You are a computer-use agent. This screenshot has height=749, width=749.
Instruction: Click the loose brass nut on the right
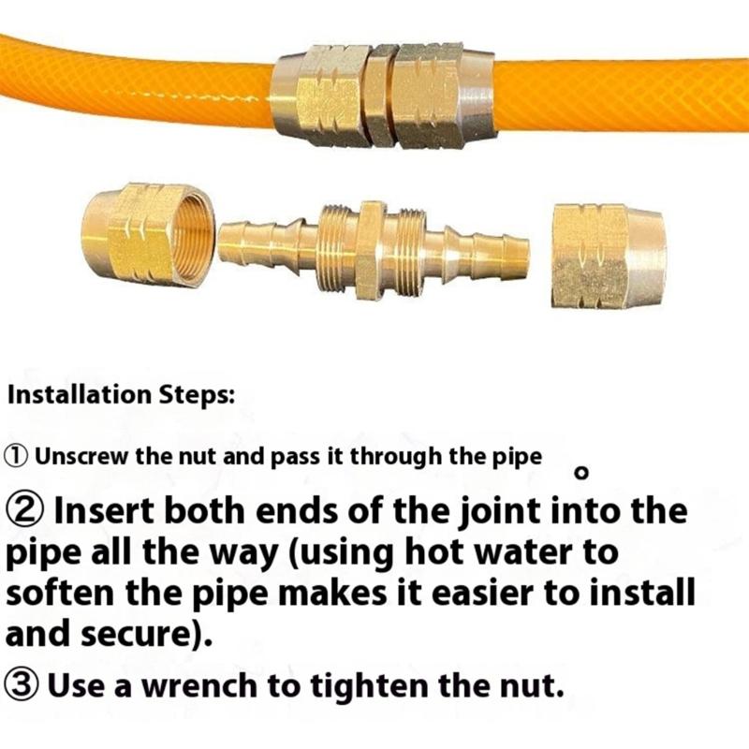(608, 256)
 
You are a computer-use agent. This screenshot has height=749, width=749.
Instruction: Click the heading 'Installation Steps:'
(121, 395)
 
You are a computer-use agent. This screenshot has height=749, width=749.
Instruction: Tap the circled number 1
(17, 457)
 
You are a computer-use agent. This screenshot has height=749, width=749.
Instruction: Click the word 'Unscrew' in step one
(81, 457)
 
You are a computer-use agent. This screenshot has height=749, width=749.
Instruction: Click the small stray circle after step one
(581, 473)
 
